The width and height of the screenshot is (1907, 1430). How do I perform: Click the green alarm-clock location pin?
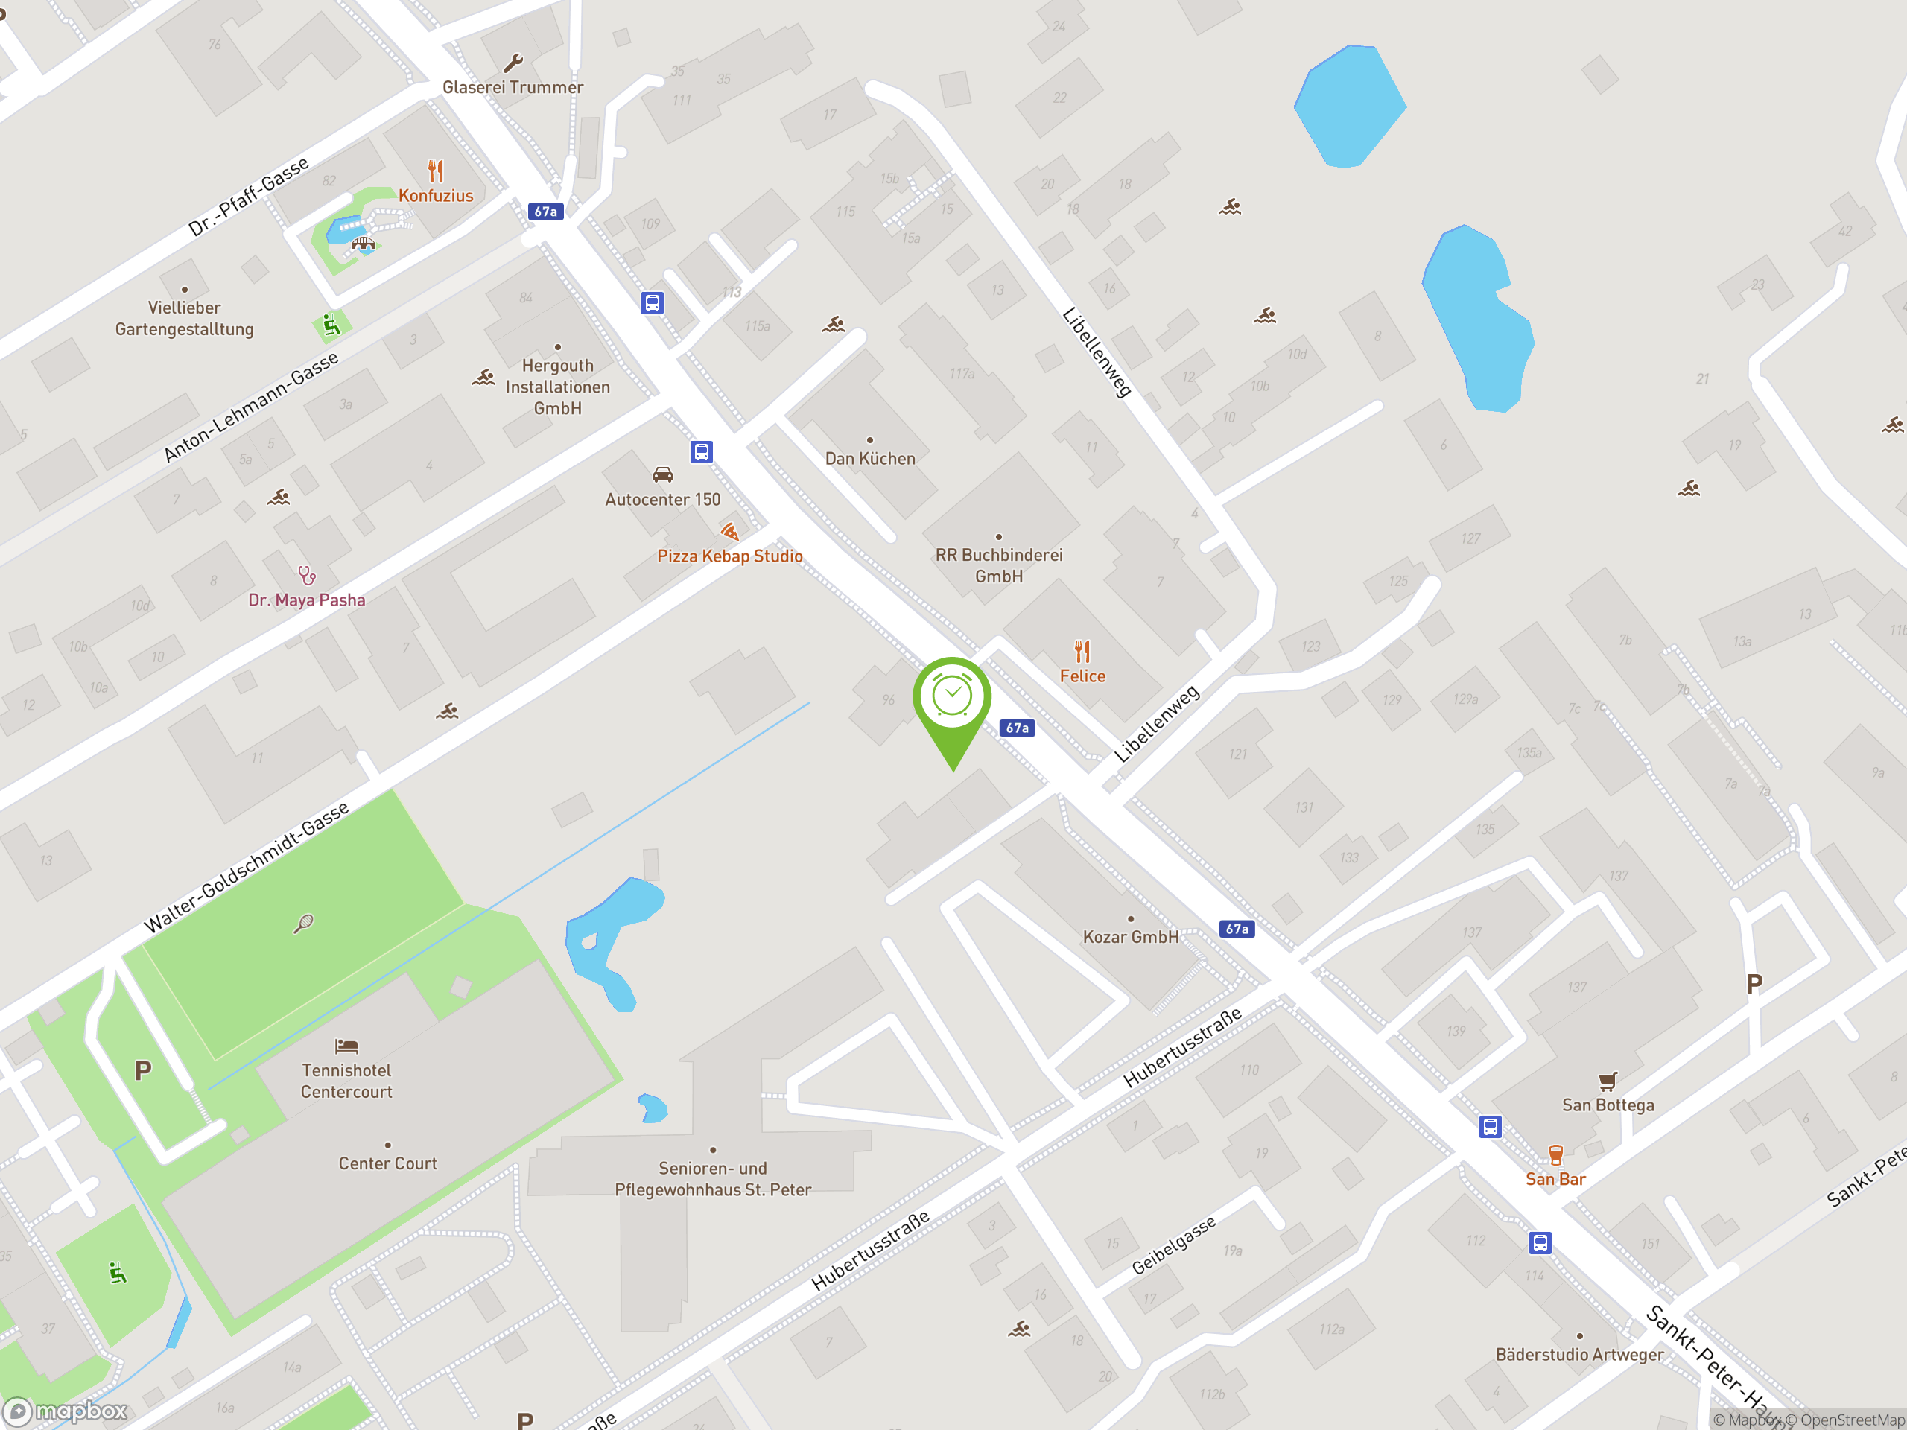(952, 698)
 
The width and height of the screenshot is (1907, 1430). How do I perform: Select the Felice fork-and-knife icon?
(1082, 651)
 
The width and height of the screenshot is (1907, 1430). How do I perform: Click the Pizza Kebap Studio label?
(729, 556)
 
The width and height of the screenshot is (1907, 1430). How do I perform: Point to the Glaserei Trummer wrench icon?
(513, 63)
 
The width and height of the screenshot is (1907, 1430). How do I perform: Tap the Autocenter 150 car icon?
(662, 474)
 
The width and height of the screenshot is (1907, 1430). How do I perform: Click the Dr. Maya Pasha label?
(306, 600)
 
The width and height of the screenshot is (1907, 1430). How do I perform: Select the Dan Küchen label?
(870, 459)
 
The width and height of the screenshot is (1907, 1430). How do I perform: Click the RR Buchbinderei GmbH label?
(998, 565)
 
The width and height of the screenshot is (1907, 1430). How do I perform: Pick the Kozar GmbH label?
(1130, 937)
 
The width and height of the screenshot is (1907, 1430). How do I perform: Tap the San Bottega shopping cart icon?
(1607, 1081)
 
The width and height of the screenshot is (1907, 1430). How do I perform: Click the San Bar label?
(1555, 1179)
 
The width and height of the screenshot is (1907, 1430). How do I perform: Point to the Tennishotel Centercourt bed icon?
(346, 1046)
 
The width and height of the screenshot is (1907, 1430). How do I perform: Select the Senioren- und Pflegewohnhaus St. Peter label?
(712, 1178)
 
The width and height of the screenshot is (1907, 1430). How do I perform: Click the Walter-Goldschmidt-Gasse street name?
(247, 867)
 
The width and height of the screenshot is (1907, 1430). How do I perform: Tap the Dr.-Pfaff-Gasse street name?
(248, 197)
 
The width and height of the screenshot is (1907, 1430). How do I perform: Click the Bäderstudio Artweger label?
(1579, 1354)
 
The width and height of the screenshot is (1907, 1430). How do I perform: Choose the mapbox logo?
(66, 1411)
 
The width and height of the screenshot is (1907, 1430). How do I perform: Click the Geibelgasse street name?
(1173, 1245)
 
